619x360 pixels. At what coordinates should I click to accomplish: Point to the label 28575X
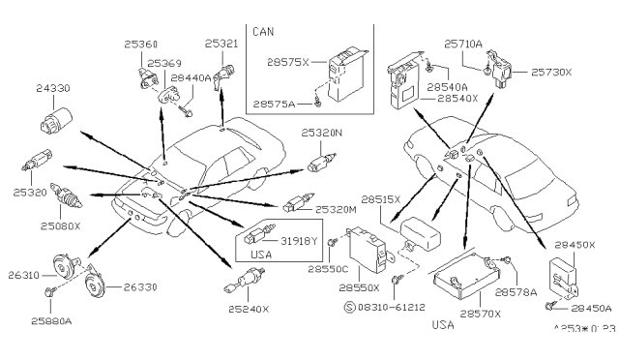(x=287, y=62)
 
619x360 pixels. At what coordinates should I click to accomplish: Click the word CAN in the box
(x=262, y=32)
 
